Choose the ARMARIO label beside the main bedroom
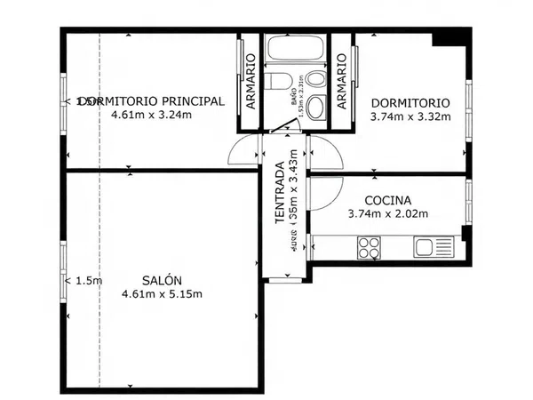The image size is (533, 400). pos(251,82)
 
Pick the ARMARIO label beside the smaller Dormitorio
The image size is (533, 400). pos(341,82)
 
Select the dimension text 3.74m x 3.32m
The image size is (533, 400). pos(410,115)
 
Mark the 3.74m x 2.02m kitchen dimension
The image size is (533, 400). pos(387,214)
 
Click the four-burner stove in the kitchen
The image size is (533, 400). pos(369,248)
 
